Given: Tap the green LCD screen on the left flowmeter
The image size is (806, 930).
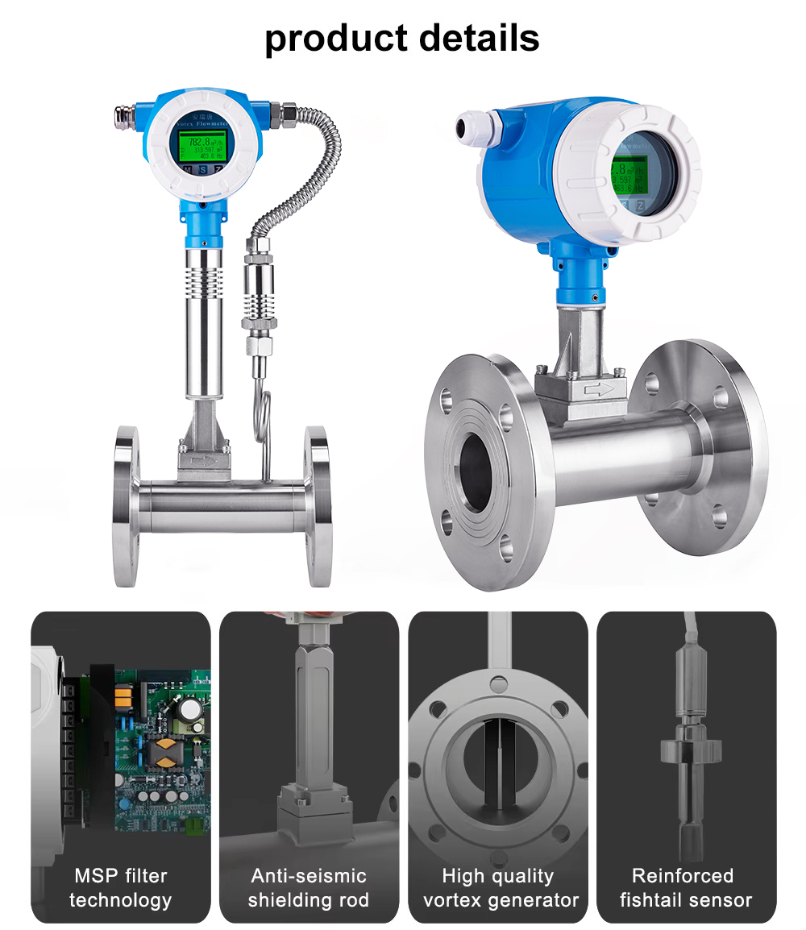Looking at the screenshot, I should [201, 147].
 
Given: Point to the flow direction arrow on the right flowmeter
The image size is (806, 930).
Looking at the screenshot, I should [604, 389].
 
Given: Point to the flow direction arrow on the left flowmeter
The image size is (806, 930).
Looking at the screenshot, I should [205, 463].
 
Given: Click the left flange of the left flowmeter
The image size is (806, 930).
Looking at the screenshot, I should [127, 506].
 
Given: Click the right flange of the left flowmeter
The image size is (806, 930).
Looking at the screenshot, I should [317, 506].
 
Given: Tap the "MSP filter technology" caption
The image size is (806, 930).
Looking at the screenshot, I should [121, 887].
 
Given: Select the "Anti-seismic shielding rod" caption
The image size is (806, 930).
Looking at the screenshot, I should [309, 887].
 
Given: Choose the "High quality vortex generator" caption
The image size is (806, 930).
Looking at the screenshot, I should [498, 887].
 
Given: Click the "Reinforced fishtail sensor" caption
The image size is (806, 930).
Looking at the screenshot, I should [686, 887].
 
